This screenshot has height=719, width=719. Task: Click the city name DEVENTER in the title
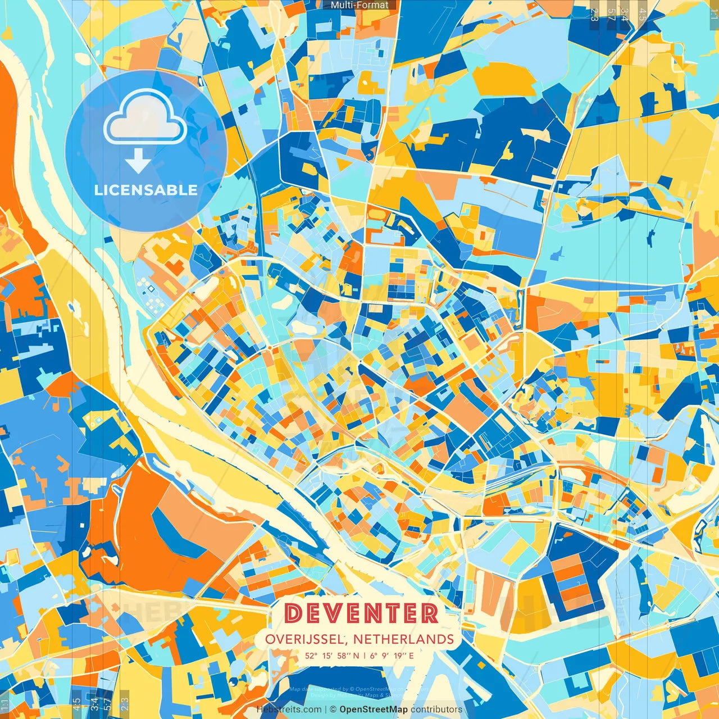point(361,613)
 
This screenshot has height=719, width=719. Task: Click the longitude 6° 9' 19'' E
point(392,655)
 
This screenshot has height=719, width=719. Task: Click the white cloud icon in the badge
point(145,119)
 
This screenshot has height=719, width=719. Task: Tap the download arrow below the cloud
point(138,161)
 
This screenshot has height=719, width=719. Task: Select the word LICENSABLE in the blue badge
point(145,190)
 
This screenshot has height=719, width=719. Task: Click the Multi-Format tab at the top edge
point(359,5)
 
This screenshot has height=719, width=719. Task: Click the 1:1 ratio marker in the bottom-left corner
point(5,704)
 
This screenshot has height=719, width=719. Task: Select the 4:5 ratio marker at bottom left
point(76,704)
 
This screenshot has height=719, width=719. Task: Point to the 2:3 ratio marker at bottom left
point(125,704)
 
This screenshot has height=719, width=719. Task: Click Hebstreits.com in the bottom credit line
point(289,709)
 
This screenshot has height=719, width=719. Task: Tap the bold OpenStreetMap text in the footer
point(374,709)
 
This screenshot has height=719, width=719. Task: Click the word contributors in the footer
point(436,709)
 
